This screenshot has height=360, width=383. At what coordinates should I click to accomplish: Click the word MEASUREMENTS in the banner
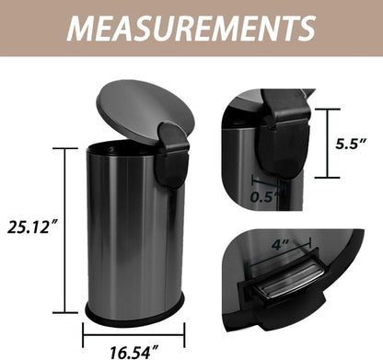[x=191, y=28]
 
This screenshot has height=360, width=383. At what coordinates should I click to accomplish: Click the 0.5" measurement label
[x=266, y=195]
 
